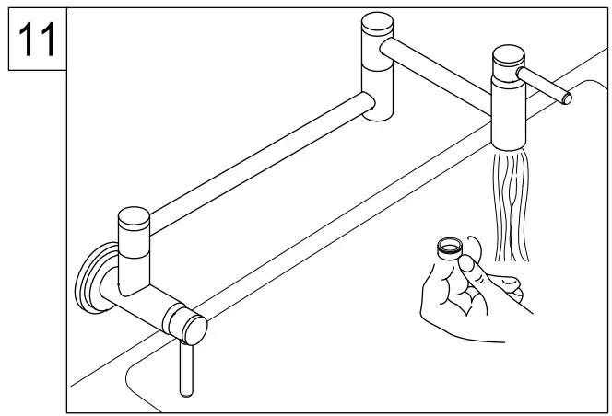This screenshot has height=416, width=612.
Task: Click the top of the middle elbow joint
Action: (x=376, y=24)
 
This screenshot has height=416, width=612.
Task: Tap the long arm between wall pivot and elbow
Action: (x=258, y=161)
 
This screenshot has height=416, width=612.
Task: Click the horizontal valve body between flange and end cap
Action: (x=147, y=299)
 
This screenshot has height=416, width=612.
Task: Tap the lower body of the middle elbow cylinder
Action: (x=378, y=92)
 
